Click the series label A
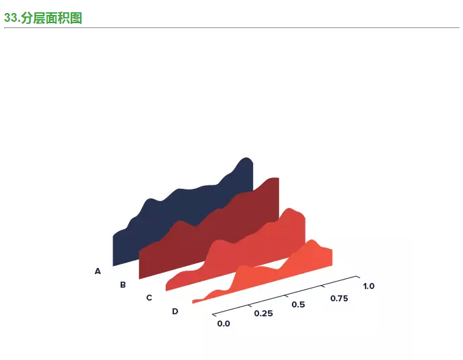[x=98, y=271]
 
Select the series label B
[x=123, y=285]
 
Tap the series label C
[x=149, y=298]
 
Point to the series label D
[x=175, y=312]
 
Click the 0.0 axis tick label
[x=224, y=324]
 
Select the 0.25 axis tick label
[x=263, y=314]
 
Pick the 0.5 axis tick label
[x=298, y=305]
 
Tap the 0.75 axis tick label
[x=339, y=299]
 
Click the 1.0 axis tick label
[x=368, y=286]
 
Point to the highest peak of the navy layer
[x=245, y=157]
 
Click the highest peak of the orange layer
[x=312, y=240]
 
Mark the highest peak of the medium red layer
[x=289, y=208]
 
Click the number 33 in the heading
[x=10, y=18]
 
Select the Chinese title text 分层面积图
[x=51, y=18]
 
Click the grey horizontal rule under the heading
[x=232, y=28]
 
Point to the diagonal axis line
[x=285, y=295]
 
